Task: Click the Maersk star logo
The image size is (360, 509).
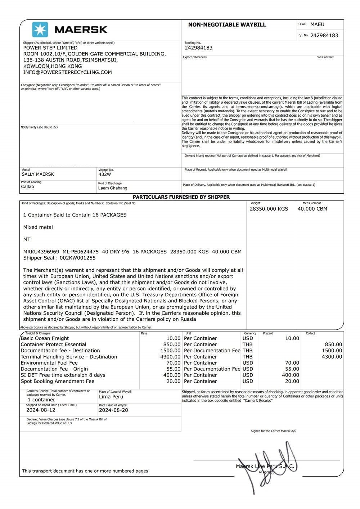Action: (x=40, y=30)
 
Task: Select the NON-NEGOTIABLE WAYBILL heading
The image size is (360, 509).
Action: (x=227, y=25)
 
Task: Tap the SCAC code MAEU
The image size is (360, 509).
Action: (x=317, y=24)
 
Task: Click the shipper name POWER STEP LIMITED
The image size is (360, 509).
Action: (x=50, y=48)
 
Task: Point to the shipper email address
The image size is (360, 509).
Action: (x=68, y=72)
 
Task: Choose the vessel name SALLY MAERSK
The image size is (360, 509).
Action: (x=38, y=174)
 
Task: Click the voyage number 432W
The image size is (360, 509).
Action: (x=105, y=174)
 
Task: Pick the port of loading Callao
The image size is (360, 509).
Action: (x=28, y=186)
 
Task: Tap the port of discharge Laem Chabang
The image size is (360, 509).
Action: (x=113, y=188)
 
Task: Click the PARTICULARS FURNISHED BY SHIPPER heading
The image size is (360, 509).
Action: (x=181, y=197)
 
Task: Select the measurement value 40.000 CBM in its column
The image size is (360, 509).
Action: (x=312, y=209)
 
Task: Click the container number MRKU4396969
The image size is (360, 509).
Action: (x=41, y=252)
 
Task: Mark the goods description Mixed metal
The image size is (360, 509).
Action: (x=38, y=227)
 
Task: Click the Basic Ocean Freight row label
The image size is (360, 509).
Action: (x=45, y=338)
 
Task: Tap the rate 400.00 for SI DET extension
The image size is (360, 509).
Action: (x=172, y=375)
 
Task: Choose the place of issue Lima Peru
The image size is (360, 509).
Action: (x=111, y=397)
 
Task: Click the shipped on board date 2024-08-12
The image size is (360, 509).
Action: (x=41, y=410)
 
